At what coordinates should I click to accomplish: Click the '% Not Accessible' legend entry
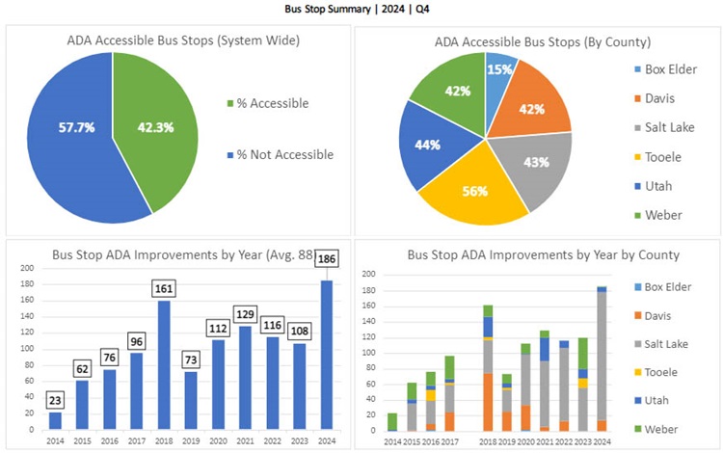(285, 154)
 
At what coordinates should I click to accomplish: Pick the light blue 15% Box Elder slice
(500, 73)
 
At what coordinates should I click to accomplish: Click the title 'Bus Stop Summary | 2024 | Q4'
(361, 9)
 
